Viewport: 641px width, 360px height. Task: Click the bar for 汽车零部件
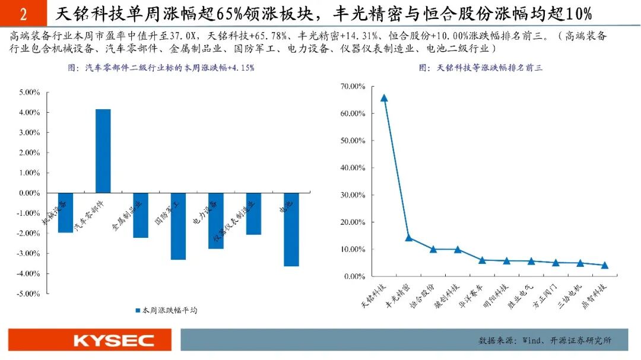[103, 151]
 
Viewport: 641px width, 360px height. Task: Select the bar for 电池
[291, 230]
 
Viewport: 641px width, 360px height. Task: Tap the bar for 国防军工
[178, 226]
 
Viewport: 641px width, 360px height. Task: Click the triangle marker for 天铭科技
[384, 98]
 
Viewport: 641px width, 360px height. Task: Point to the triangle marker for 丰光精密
[408, 238]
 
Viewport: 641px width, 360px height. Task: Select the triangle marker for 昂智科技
[605, 265]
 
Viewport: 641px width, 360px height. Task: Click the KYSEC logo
[113, 340]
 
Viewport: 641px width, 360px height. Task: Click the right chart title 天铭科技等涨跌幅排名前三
[480, 68]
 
